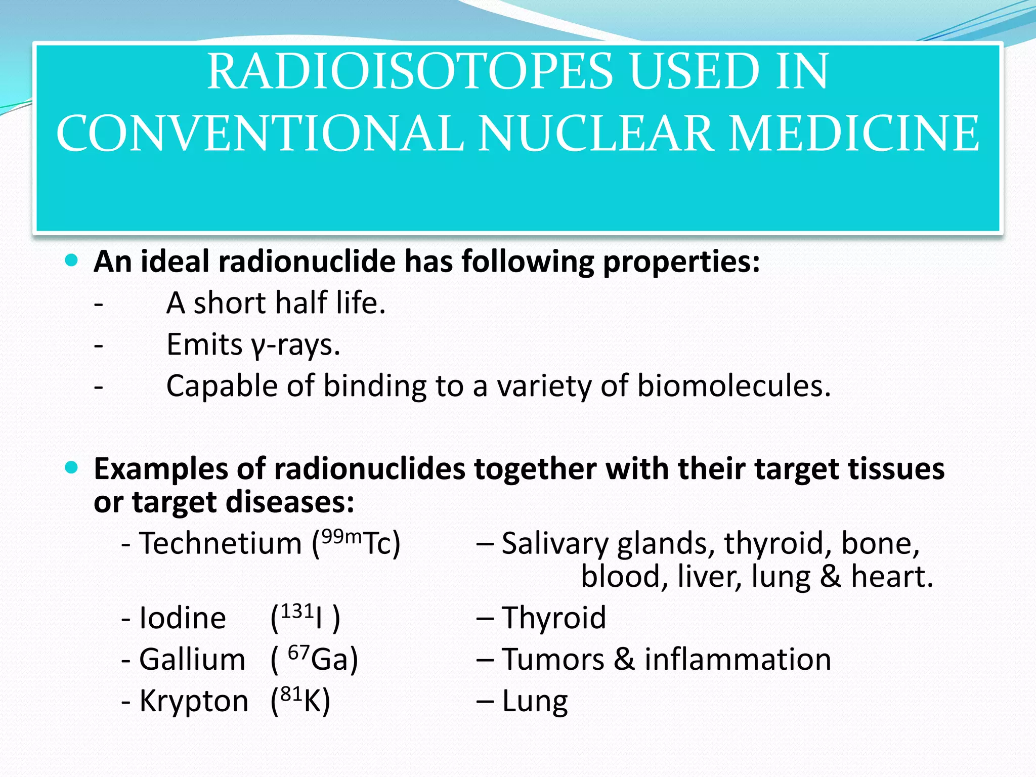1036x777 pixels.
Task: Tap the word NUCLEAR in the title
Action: [x=595, y=134]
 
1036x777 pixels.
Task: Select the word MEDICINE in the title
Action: [x=853, y=134]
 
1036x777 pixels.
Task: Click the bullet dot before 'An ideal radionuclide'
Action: [x=72, y=261]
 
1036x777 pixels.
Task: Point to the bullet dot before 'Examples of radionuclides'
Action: [x=72, y=468]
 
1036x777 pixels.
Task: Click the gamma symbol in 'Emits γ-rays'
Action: [x=257, y=347]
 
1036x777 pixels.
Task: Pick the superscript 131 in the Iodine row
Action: [x=297, y=611]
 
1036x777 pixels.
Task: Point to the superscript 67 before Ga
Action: [x=298, y=653]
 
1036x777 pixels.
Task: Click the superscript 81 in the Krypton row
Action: [x=291, y=694]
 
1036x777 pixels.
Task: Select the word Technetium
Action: [x=221, y=544]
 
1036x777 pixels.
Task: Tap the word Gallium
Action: [x=192, y=660]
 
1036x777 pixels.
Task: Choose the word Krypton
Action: [x=194, y=702]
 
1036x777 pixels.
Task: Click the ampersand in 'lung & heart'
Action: [x=830, y=577]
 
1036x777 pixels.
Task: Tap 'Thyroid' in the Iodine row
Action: [x=553, y=618]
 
